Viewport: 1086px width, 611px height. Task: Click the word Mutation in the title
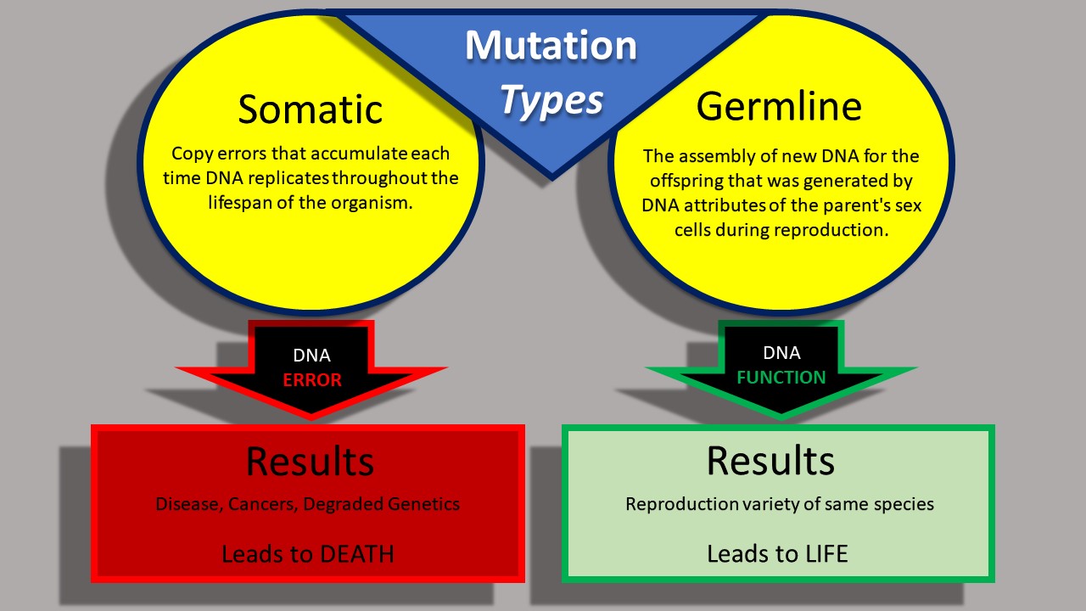tap(551, 46)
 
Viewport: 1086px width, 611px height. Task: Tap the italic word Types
tap(551, 101)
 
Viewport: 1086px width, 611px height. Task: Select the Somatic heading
tap(311, 109)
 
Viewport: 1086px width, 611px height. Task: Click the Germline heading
tap(779, 106)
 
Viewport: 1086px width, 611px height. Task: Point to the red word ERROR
tap(312, 380)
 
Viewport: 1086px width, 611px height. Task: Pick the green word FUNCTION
tap(781, 377)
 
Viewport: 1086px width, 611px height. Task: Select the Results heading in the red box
tap(310, 462)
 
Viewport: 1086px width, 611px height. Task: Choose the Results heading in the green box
tap(770, 460)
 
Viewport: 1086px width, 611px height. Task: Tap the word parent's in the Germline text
tap(856, 206)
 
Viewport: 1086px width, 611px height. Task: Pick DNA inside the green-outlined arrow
tap(781, 353)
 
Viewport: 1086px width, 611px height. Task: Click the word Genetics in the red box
tap(422, 504)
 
